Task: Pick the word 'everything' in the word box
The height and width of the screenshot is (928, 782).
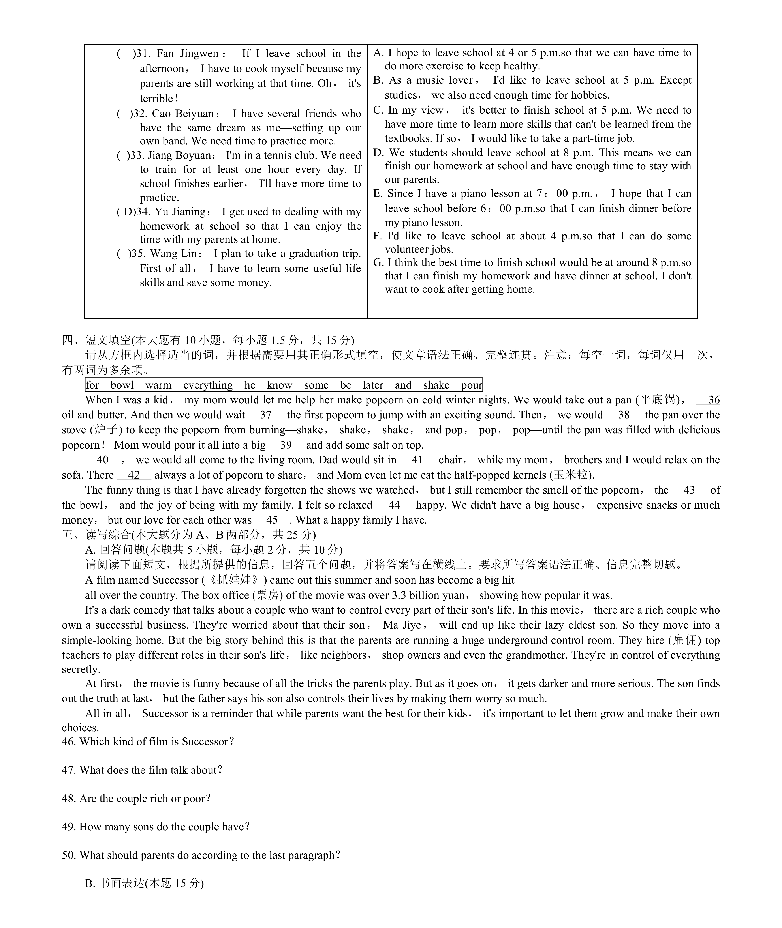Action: click(x=208, y=385)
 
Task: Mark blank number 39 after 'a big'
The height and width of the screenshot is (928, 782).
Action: click(x=286, y=445)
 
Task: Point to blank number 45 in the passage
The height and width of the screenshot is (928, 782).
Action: click(x=272, y=520)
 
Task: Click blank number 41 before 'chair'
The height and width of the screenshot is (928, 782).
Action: click(x=417, y=460)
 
